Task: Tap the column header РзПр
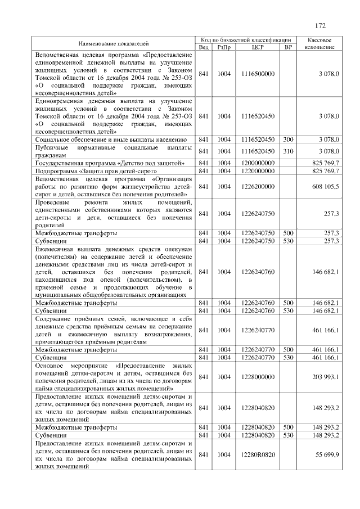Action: [x=224, y=47]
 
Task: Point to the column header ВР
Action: [x=289, y=47]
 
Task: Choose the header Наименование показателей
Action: [x=113, y=43]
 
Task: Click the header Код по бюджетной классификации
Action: [x=245, y=40]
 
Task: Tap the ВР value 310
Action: [x=289, y=151]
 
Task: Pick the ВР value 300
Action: [x=289, y=138]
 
